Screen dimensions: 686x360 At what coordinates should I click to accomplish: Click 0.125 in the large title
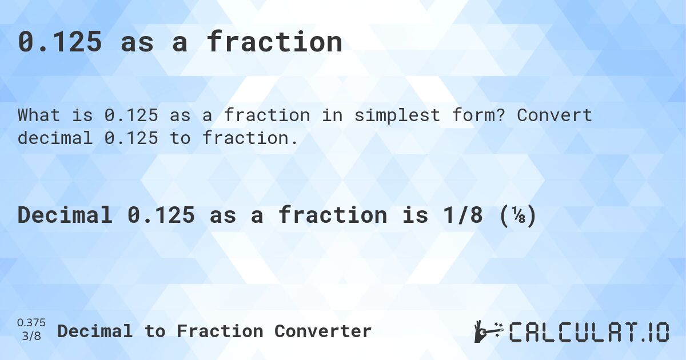pyautogui.click(x=59, y=42)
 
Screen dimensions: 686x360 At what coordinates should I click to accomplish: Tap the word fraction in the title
pyautogui.click(x=274, y=42)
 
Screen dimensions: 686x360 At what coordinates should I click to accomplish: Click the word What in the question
pyautogui.click(x=39, y=115)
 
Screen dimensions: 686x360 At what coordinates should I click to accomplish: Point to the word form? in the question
pyautogui.click(x=478, y=115)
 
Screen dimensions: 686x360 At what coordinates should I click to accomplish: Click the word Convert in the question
pyautogui.click(x=555, y=115)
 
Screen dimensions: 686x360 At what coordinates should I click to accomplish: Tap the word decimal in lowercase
pyautogui.click(x=55, y=138)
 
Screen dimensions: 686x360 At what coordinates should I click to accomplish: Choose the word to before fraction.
pyautogui.click(x=180, y=138)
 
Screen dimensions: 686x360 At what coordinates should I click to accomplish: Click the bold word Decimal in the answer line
pyautogui.click(x=65, y=215)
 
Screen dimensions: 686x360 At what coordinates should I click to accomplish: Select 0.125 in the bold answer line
pyautogui.click(x=161, y=215)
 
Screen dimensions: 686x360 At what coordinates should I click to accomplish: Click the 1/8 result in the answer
pyautogui.click(x=462, y=215)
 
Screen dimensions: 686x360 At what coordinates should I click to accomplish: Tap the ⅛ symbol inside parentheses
pyautogui.click(x=517, y=215)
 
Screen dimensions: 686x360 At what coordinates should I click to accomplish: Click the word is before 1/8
pyautogui.click(x=415, y=215)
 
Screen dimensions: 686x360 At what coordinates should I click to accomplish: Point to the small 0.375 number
pyautogui.click(x=31, y=323)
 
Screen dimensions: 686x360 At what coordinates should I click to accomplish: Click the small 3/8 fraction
pyautogui.click(x=31, y=336)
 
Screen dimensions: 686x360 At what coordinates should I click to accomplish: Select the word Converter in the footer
pyautogui.click(x=323, y=331)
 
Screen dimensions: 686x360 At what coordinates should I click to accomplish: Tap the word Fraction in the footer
pyautogui.click(x=220, y=331)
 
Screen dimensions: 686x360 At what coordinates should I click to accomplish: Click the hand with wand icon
pyautogui.click(x=489, y=331)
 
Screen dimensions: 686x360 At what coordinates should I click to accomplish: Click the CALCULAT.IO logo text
pyautogui.click(x=589, y=332)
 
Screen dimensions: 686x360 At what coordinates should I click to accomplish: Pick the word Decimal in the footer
pyautogui.click(x=95, y=331)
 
